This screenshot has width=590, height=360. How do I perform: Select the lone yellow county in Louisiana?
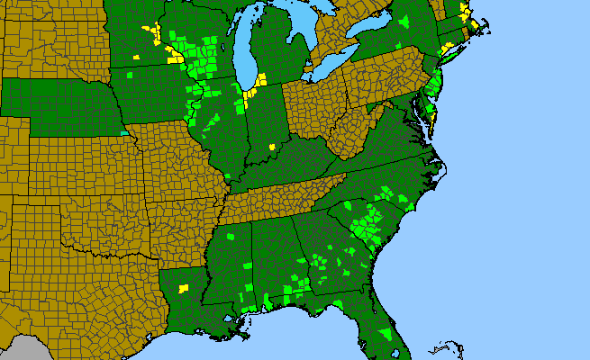(x=184, y=289)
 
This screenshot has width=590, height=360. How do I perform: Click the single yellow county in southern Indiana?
(x=271, y=147)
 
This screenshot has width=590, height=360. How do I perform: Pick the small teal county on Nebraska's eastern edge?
(x=124, y=133)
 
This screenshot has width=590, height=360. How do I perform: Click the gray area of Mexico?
(x=27, y=351)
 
